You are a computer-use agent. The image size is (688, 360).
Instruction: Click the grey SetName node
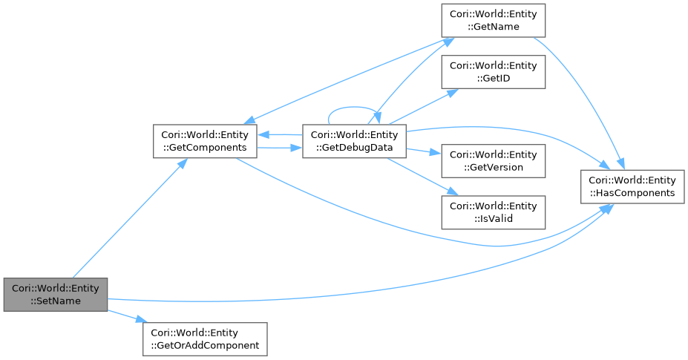pos(55,295)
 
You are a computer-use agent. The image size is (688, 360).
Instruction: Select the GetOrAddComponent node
pos(204,338)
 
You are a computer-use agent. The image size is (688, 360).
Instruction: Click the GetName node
pos(494,20)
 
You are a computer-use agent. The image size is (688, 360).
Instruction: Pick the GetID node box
pos(494,72)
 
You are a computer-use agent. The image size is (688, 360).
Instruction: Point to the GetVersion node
pos(494,160)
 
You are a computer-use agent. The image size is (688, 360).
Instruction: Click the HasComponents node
pos(632,186)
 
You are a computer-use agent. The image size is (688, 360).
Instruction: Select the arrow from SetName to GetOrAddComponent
pos(125,315)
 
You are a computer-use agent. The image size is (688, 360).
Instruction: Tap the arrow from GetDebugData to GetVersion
pos(423,151)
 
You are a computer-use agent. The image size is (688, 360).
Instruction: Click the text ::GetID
pos(494,78)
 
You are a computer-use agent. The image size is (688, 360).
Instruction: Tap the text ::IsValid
pos(494,218)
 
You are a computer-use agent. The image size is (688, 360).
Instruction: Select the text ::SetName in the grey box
pos(55,301)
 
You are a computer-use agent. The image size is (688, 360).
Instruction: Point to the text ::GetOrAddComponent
pos(204,345)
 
